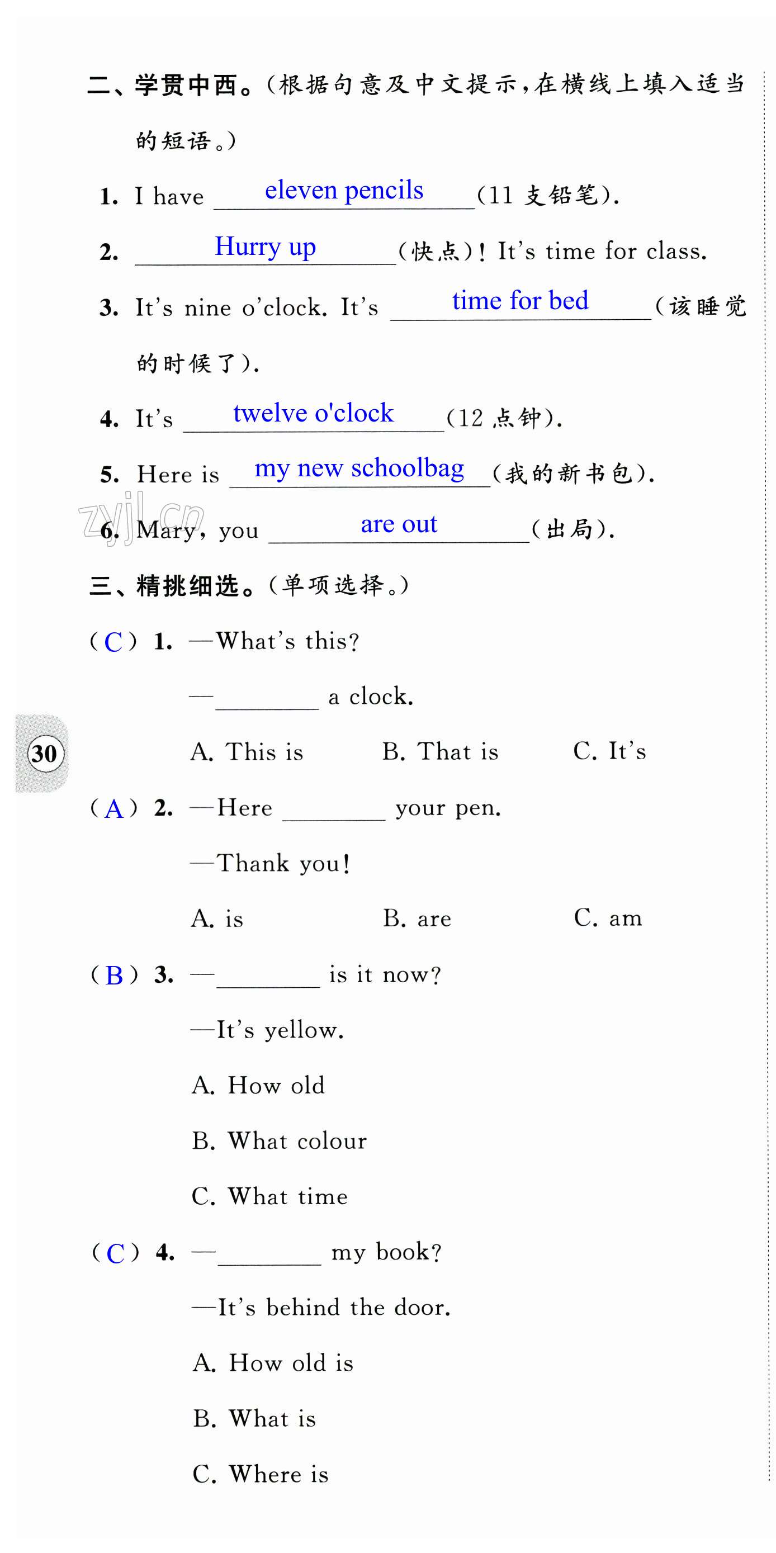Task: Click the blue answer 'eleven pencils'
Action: pyautogui.click(x=344, y=191)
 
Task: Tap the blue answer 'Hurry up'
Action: pyautogui.click(x=266, y=247)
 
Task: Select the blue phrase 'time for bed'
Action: pyautogui.click(x=520, y=301)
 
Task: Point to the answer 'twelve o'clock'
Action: pyautogui.click(x=313, y=414)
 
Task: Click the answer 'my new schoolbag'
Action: pyautogui.click(x=359, y=468)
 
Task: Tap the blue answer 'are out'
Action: pyautogui.click(x=399, y=524)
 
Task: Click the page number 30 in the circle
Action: pyautogui.click(x=44, y=754)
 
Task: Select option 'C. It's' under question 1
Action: pyautogui.click(x=609, y=752)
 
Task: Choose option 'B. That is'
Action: pyautogui.click(x=440, y=752)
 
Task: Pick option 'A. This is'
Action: pyautogui.click(x=247, y=752)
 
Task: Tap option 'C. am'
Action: pyautogui.click(x=608, y=918)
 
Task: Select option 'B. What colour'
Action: pyautogui.click(x=279, y=1141)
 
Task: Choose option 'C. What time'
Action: pyautogui.click(x=269, y=1197)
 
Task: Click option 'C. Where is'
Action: pyautogui.click(x=261, y=1475)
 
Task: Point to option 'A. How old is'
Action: pyautogui.click(x=273, y=1363)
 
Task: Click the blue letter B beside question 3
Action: pyautogui.click(x=114, y=976)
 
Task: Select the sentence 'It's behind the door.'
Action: pyautogui.click(x=333, y=1308)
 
